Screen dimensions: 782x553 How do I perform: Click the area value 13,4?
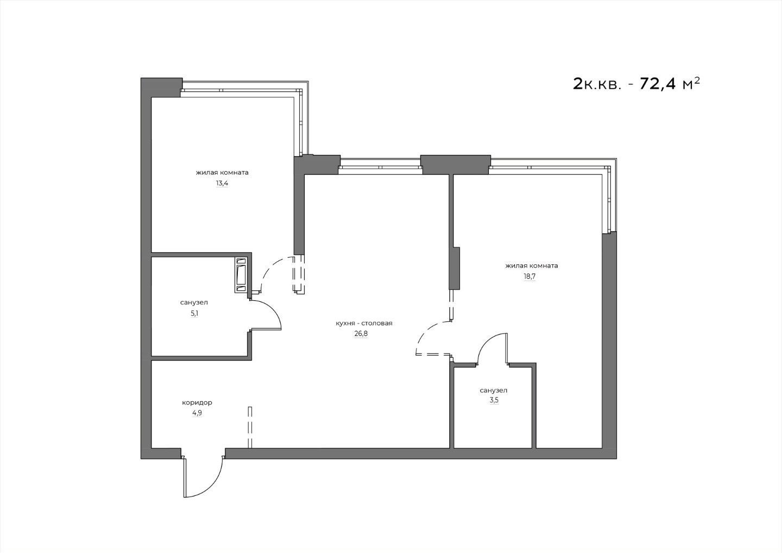[222, 183]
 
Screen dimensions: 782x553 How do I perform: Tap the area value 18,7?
[529, 276]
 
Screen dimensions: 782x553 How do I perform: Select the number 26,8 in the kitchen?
[361, 333]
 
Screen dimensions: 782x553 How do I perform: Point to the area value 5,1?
[194, 313]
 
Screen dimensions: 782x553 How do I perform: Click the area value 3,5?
[494, 400]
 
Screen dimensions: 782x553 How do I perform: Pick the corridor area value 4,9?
[197, 413]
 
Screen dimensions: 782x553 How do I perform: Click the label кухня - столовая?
[364, 324]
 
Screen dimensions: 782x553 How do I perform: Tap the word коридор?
[197, 403]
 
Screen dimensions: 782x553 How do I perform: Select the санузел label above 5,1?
[194, 302]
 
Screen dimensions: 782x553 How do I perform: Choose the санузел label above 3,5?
[494, 390]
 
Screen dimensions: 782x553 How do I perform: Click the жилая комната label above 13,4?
[222, 173]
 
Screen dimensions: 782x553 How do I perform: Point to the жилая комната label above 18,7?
[532, 266]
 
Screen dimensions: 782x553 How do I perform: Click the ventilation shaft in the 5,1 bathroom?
[242, 275]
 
